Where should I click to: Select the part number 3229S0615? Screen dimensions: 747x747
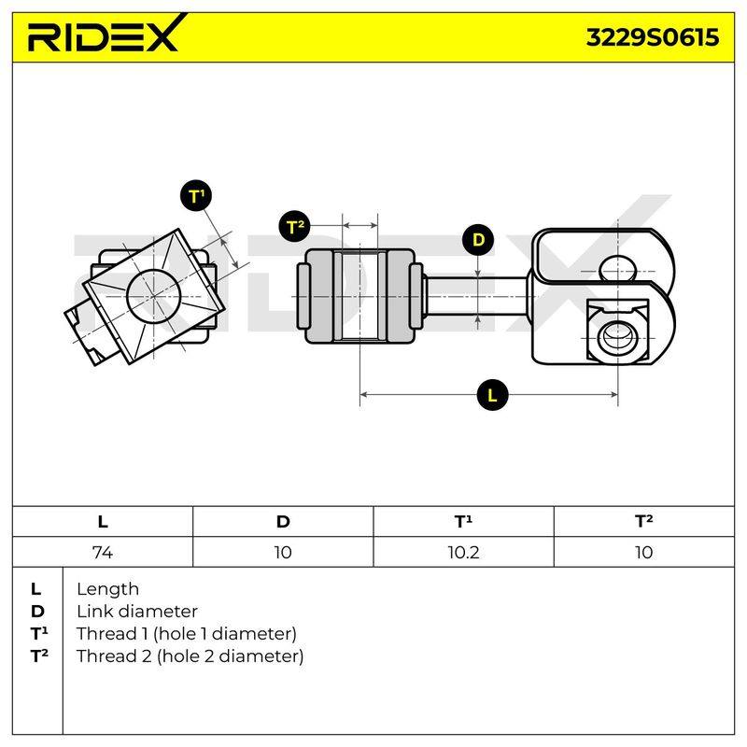click(652, 37)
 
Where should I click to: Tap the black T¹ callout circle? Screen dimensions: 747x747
click(196, 196)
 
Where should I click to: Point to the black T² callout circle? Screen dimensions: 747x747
click(294, 226)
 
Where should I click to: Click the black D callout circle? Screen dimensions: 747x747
click(478, 240)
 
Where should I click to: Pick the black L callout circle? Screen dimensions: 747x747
click(493, 395)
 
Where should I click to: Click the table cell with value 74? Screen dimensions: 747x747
click(103, 552)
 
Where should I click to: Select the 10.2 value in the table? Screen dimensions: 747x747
click(463, 552)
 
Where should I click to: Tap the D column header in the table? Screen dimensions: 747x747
click(283, 522)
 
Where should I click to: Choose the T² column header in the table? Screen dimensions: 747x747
click(643, 521)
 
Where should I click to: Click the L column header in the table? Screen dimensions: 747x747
click(103, 522)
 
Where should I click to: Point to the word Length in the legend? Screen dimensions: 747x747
click(107, 589)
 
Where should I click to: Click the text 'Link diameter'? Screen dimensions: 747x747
click(137, 612)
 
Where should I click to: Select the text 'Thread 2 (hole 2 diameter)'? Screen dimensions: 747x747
click(190, 656)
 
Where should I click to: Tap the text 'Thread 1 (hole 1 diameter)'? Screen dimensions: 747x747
click(186, 634)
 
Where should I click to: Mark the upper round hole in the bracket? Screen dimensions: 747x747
click(618, 269)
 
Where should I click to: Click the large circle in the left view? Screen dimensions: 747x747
click(154, 296)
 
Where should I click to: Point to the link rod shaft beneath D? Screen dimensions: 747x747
click(475, 296)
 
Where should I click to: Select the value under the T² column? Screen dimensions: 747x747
click(643, 552)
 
